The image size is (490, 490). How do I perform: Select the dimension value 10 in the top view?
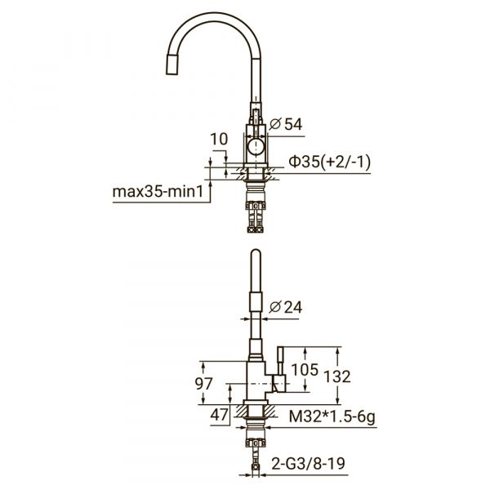(x=218, y=140)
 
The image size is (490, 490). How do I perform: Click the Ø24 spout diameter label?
(x=287, y=307)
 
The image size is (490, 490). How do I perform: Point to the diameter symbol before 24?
(x=274, y=307)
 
